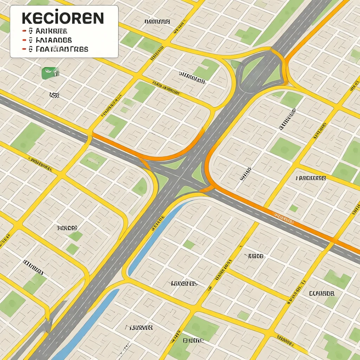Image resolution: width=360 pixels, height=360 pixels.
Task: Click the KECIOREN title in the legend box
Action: (63, 18)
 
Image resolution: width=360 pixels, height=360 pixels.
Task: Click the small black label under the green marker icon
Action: (54, 95)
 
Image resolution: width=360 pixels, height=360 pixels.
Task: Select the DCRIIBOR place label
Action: (322, 293)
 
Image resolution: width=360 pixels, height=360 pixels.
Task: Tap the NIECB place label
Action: (256, 256)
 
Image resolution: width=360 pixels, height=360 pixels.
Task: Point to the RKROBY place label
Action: (67, 228)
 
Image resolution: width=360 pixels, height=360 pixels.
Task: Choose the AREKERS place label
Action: (311, 178)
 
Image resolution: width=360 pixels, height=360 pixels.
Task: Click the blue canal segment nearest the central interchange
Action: (155, 239)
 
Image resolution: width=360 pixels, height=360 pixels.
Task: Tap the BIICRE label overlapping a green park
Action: (193, 340)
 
